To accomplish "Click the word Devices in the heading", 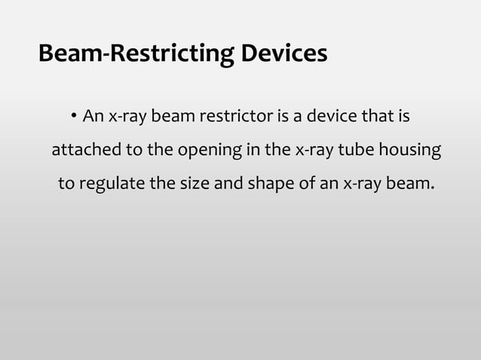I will pos(284,55).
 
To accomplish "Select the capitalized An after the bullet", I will pos(93,117).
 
